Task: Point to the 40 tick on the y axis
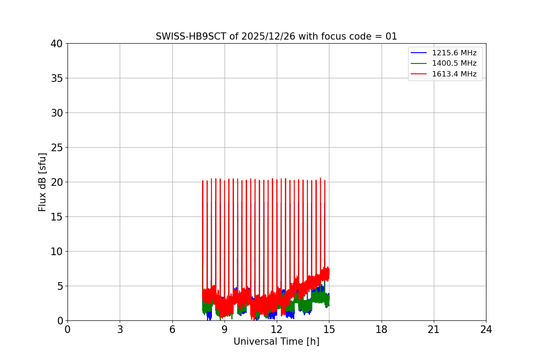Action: tap(57, 44)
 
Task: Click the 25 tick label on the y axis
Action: tap(57, 148)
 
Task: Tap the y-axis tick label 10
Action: tap(57, 252)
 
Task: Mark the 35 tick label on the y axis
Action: tap(57, 78)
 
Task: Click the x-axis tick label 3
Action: tap(120, 330)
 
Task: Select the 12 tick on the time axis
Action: tap(277, 330)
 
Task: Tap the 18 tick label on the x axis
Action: tap(382, 330)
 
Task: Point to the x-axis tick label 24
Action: tap(486, 330)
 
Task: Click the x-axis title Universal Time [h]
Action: tap(276, 342)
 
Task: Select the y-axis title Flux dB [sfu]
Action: tap(42, 182)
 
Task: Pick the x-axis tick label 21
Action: tap(434, 330)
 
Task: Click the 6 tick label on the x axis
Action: tap(172, 330)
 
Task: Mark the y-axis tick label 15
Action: tap(57, 217)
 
